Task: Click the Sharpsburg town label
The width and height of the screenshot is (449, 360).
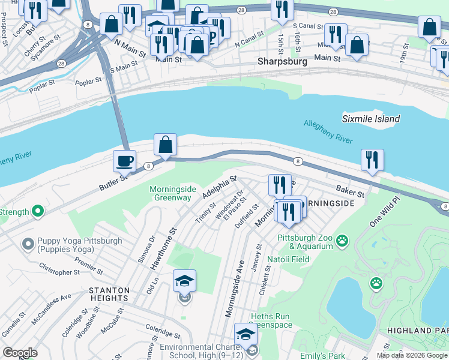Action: coord(282,61)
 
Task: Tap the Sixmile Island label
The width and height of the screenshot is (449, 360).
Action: coord(371,119)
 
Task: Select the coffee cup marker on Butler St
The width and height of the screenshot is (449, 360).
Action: coord(124,161)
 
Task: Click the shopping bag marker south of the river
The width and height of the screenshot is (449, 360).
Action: coord(165,145)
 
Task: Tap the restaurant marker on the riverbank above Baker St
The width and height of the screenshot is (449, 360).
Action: coord(372,160)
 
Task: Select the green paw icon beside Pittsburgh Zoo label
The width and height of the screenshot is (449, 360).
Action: coord(342,241)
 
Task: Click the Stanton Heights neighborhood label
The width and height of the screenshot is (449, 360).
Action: coord(109,293)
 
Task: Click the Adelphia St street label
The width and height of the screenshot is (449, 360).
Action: coord(220,187)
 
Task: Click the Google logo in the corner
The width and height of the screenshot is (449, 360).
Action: coord(20,353)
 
